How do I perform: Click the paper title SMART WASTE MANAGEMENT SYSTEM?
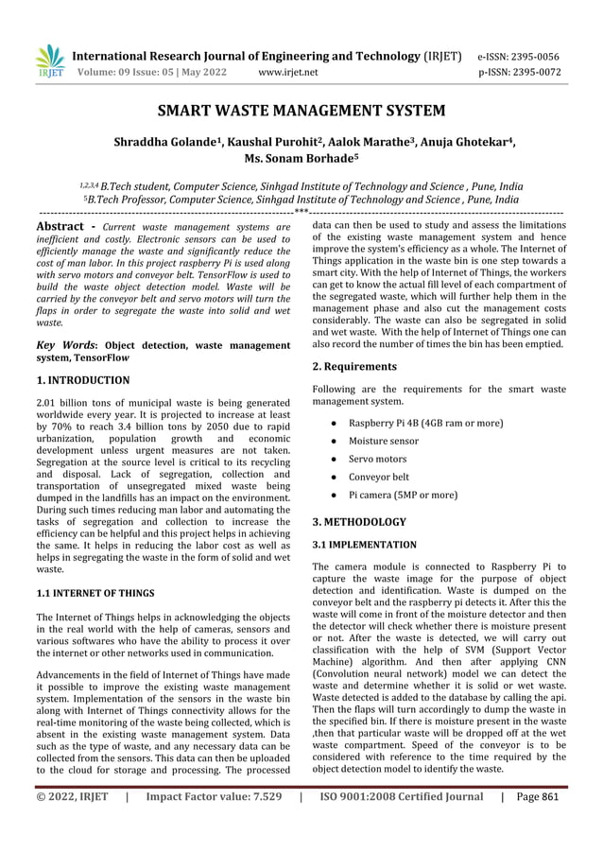pos(301,112)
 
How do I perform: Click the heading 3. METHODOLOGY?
pos(359,521)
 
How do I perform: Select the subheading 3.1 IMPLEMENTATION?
pos(364,545)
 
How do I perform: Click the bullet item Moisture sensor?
pos(384,441)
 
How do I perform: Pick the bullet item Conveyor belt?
pos(379,477)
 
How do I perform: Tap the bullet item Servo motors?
pos(377,459)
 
